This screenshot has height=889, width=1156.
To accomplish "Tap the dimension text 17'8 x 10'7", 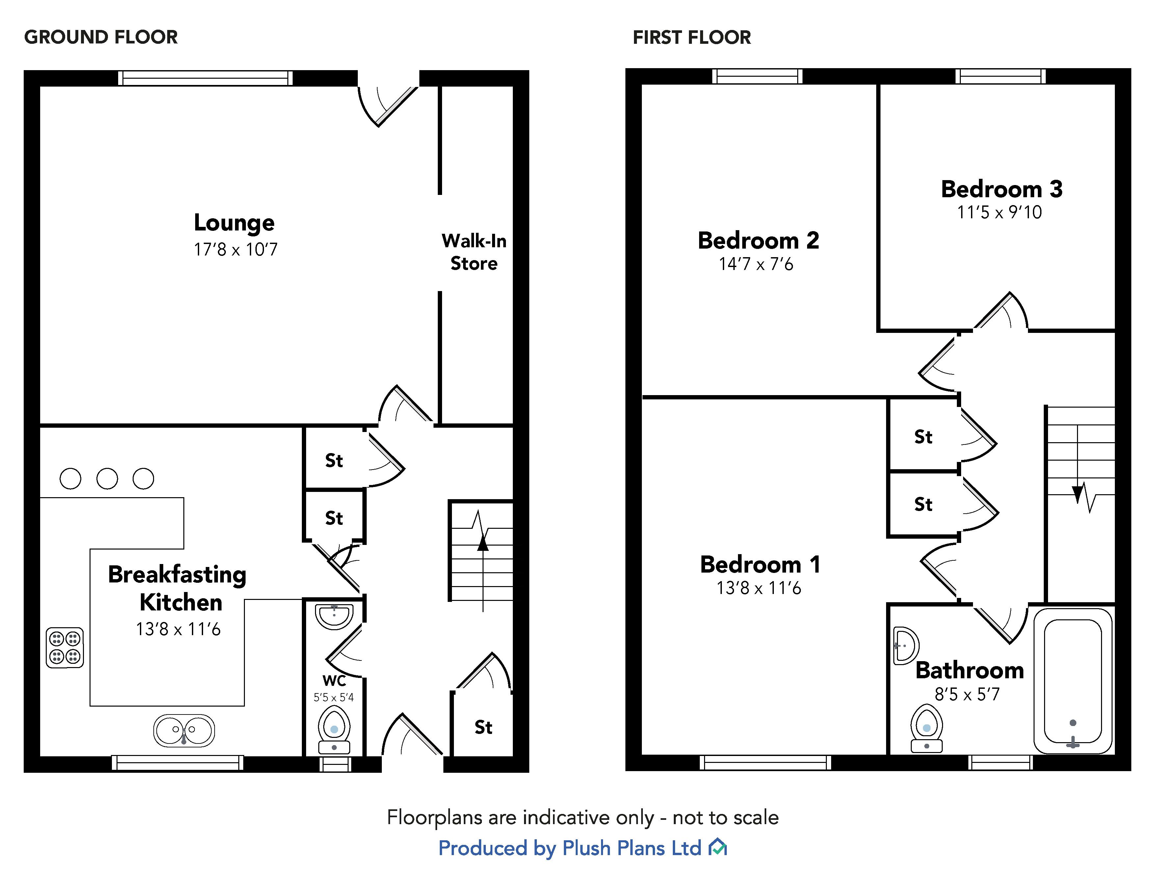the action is point(235,249).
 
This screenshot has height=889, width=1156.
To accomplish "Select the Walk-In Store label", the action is point(474,252).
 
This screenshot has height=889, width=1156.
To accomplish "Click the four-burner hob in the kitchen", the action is point(65,648).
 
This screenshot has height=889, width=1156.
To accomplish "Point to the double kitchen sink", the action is point(184,730).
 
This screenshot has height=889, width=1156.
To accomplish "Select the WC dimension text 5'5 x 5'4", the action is point(333,697).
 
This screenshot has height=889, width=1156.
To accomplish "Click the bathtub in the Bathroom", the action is point(1072,681).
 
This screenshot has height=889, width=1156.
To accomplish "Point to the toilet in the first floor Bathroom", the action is point(926,728).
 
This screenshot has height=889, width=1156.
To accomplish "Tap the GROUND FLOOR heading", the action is point(101,37).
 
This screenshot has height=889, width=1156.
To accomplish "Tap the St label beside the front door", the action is point(483,727).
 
